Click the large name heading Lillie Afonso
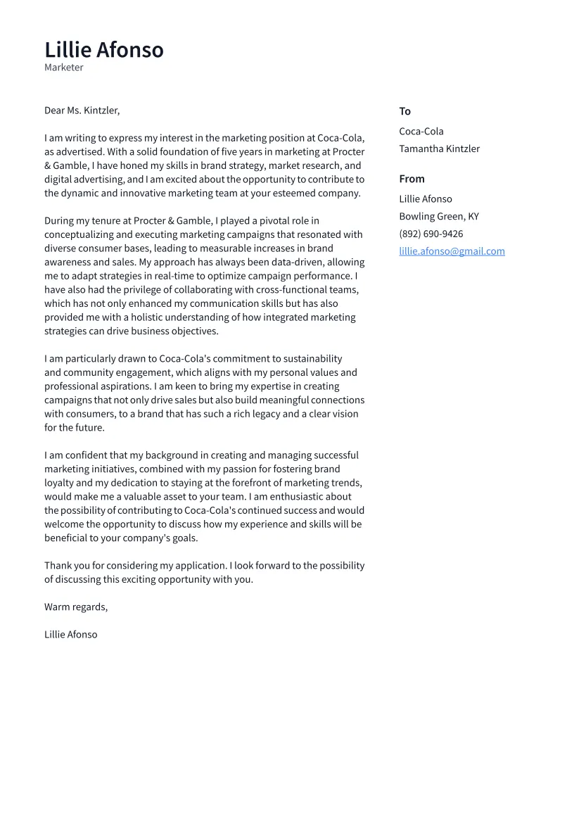point(104,50)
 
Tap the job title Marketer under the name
point(64,68)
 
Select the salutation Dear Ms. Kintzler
point(82,110)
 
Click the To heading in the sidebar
point(405,111)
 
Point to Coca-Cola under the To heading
point(421,132)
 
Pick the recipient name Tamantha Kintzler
point(439,148)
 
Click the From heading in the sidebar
point(412,179)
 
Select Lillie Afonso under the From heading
point(425,199)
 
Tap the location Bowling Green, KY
point(438,217)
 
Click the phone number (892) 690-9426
point(431,234)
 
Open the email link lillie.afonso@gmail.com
point(452,251)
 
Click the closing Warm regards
point(76,607)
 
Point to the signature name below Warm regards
point(70,634)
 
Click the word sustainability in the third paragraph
point(311,359)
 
